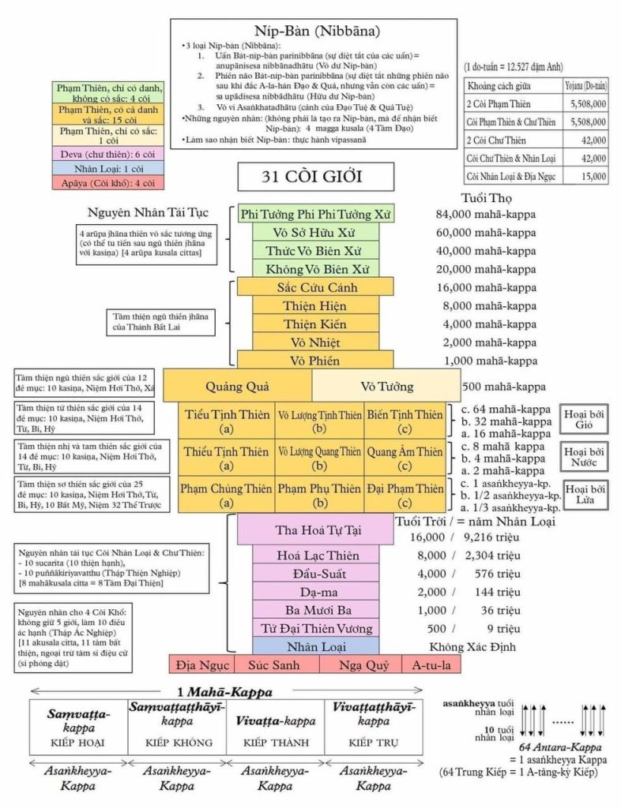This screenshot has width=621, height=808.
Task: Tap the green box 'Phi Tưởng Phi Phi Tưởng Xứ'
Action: [x=315, y=214]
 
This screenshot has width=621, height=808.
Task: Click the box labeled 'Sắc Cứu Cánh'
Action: [x=314, y=287]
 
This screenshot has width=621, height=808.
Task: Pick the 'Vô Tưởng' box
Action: [x=386, y=387]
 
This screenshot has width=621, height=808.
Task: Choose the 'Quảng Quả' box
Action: [x=237, y=387]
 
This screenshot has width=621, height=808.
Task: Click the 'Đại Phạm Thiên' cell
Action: [x=405, y=489]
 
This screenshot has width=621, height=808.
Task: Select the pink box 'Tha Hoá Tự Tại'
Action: [x=314, y=529]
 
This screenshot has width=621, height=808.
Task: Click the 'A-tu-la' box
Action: [x=431, y=665]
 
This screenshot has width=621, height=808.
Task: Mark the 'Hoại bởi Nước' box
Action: [x=585, y=458]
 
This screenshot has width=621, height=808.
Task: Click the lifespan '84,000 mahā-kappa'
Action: [x=486, y=214]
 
